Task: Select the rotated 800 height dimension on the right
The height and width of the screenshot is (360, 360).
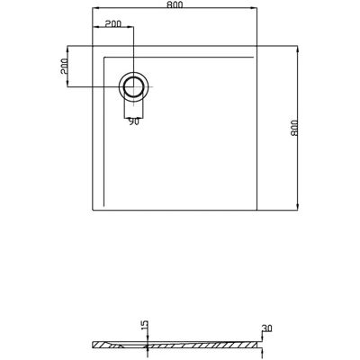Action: click(x=294, y=128)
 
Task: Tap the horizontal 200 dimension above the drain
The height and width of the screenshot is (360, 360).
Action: click(x=113, y=23)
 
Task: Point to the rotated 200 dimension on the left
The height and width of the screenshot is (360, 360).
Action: click(x=65, y=67)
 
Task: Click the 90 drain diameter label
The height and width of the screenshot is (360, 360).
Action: click(x=133, y=121)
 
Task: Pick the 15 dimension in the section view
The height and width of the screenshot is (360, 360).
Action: click(x=144, y=325)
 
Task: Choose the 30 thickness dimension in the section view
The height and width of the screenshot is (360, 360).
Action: click(x=266, y=328)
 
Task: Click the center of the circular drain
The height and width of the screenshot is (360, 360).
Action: click(x=133, y=86)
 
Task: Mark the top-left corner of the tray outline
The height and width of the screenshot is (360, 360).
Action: click(x=93, y=46)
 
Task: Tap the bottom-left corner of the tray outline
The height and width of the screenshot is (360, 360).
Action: click(x=93, y=210)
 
